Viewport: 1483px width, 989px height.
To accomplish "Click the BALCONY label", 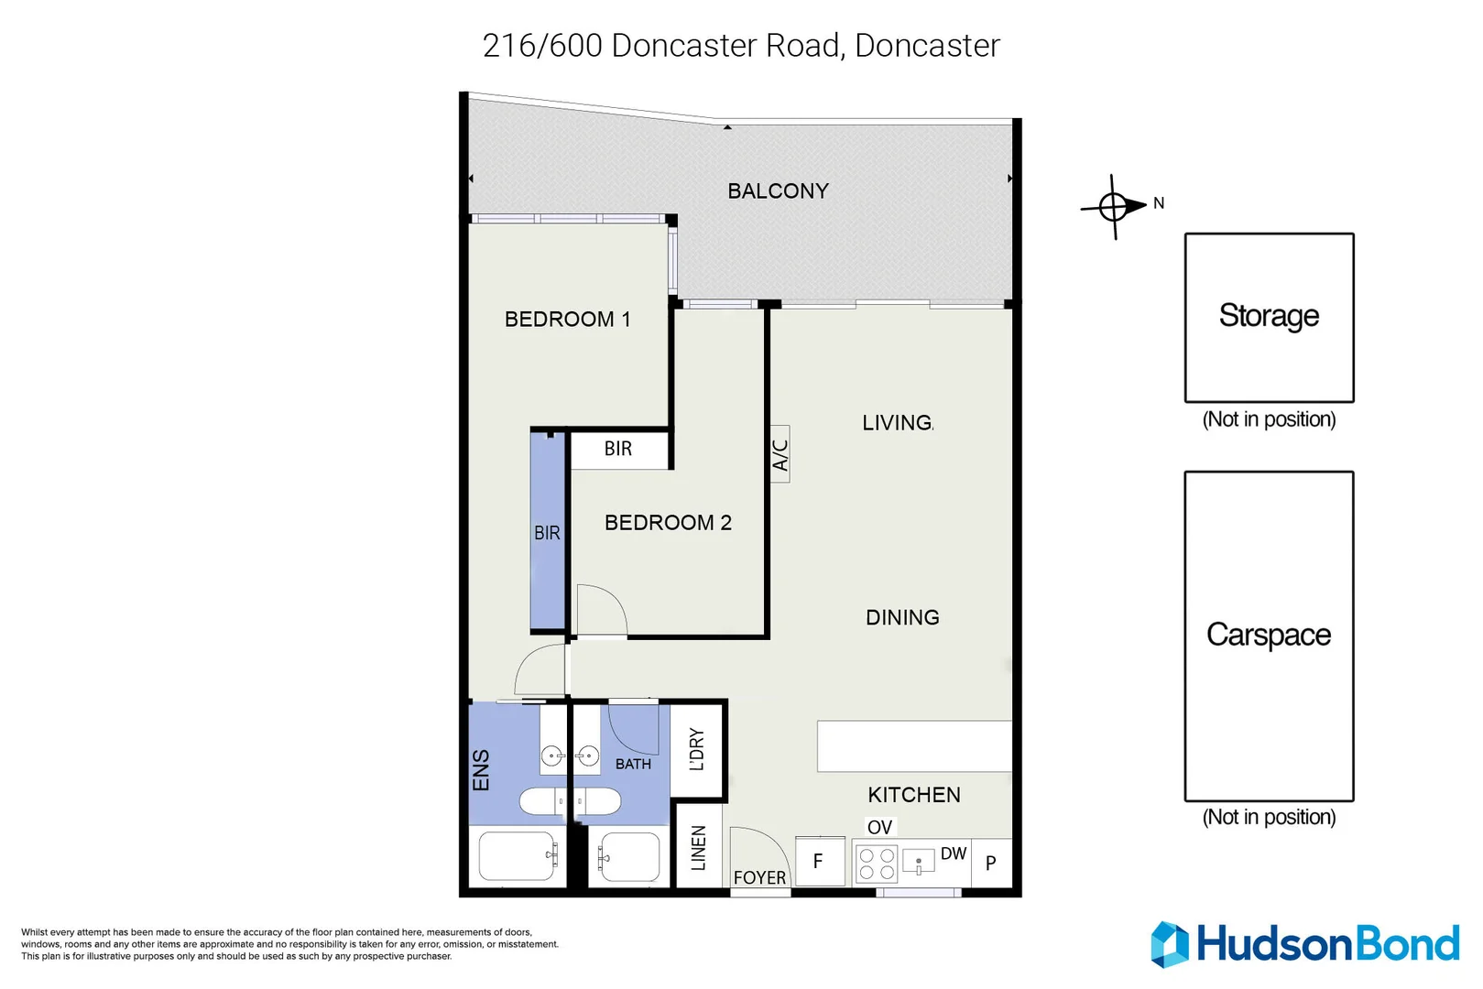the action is pyautogui.click(x=778, y=191).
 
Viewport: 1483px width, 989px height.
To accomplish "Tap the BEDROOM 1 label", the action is pyautogui.click(x=567, y=319).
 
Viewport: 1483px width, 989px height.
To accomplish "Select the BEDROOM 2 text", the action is pyautogui.click(x=668, y=522).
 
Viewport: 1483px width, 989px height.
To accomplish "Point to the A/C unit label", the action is pyautogui.click(x=780, y=454).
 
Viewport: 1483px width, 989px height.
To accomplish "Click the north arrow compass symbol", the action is pyautogui.click(x=1114, y=207).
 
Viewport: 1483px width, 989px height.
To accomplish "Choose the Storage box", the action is pyautogui.click(x=1270, y=317).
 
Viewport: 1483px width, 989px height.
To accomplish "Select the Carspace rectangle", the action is pyautogui.click(x=1270, y=636).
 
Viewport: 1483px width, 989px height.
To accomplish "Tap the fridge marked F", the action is pyautogui.click(x=820, y=861).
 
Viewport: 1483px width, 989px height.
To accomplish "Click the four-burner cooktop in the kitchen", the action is pyautogui.click(x=877, y=864).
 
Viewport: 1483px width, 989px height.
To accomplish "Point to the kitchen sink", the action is pyautogui.click(x=919, y=861).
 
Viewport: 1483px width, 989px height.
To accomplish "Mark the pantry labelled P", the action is pyautogui.click(x=991, y=863).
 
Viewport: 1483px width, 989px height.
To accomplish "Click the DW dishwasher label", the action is pyautogui.click(x=954, y=853).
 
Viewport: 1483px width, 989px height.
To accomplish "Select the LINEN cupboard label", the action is pyautogui.click(x=699, y=848).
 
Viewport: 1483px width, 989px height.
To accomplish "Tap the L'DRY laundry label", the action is pyautogui.click(x=696, y=749).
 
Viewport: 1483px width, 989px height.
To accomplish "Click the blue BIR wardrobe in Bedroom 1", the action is pyautogui.click(x=548, y=531).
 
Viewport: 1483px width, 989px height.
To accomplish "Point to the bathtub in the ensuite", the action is pyautogui.click(x=518, y=856).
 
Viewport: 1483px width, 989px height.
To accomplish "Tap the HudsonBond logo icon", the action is pyautogui.click(x=1170, y=945).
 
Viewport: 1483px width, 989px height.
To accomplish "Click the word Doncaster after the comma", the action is pyautogui.click(x=927, y=46).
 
